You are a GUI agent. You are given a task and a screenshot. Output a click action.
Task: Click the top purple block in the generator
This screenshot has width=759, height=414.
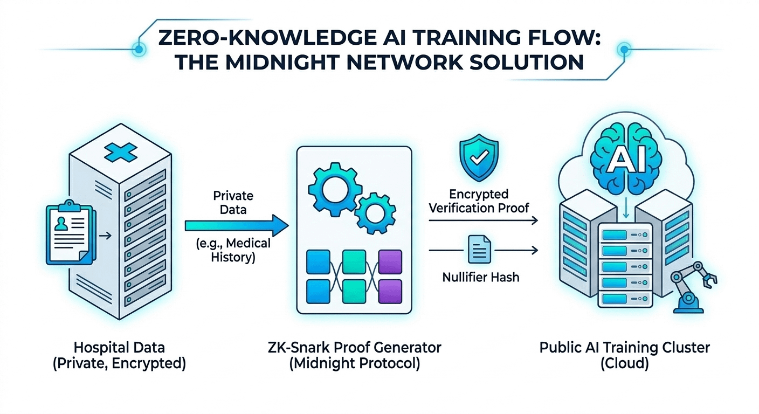390,260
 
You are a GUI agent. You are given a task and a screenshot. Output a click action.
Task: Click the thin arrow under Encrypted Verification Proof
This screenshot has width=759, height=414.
484,220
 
